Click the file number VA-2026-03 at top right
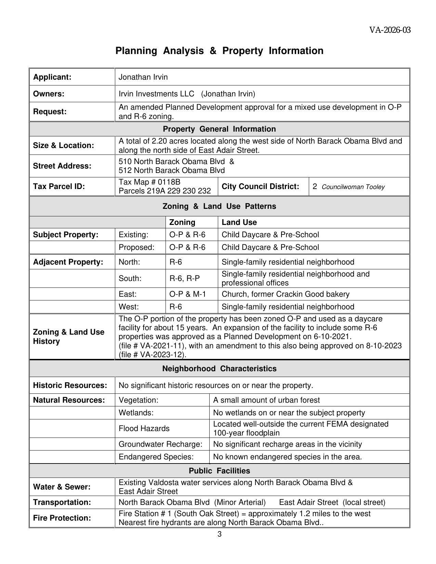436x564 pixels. [389, 30]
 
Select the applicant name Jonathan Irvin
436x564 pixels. [143, 77]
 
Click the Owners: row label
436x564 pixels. [49, 94]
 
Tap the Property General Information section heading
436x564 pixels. [219, 129]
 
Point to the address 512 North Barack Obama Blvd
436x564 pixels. [172, 171]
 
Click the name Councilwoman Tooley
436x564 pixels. [353, 187]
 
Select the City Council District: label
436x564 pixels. [260, 187]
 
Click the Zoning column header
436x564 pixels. [182, 223]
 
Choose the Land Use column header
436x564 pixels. [239, 223]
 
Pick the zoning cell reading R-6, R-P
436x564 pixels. [184, 279]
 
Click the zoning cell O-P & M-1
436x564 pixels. [187, 294]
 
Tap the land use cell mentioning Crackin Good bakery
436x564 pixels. [286, 294]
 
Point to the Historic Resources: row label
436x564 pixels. [70, 386]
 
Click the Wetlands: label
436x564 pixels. [136, 413]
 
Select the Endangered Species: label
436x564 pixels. [156, 457]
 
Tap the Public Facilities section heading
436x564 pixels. [219, 471]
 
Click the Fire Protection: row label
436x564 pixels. [62, 518]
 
